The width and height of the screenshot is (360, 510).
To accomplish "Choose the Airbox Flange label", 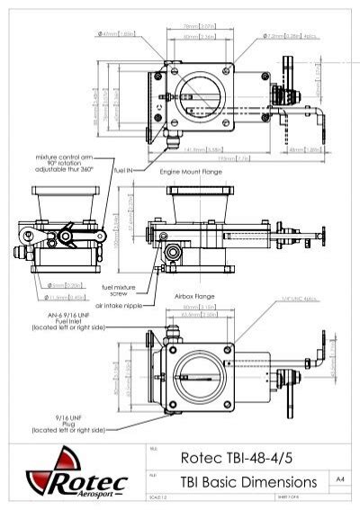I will pos(195,294).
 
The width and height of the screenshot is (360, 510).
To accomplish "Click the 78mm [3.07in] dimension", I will pos(192,26).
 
